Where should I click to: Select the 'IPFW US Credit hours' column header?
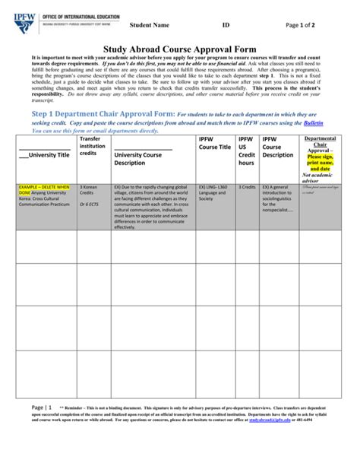[246, 151]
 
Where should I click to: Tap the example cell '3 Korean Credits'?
[90, 189]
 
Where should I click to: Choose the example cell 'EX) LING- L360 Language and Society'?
[215, 193]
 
